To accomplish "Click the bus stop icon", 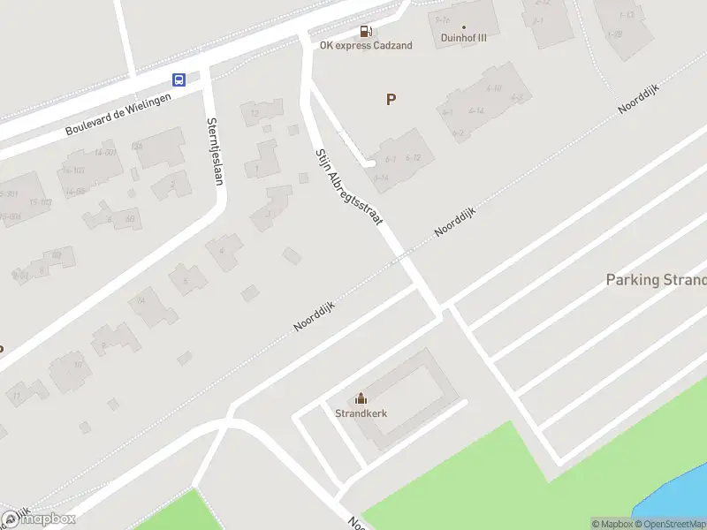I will [179, 79].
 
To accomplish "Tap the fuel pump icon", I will [366, 33].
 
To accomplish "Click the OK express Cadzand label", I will [366, 46].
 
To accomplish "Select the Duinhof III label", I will [464, 38].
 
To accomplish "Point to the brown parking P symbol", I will [391, 100].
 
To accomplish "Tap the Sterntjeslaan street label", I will [214, 151].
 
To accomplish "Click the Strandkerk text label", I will [361, 413].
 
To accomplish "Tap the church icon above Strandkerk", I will [361, 399].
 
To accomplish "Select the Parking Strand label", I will [656, 280].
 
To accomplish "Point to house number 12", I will [255, 112].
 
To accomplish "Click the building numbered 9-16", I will [443, 19].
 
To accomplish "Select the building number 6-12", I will [412, 157].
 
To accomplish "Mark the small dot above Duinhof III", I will [464, 26].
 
